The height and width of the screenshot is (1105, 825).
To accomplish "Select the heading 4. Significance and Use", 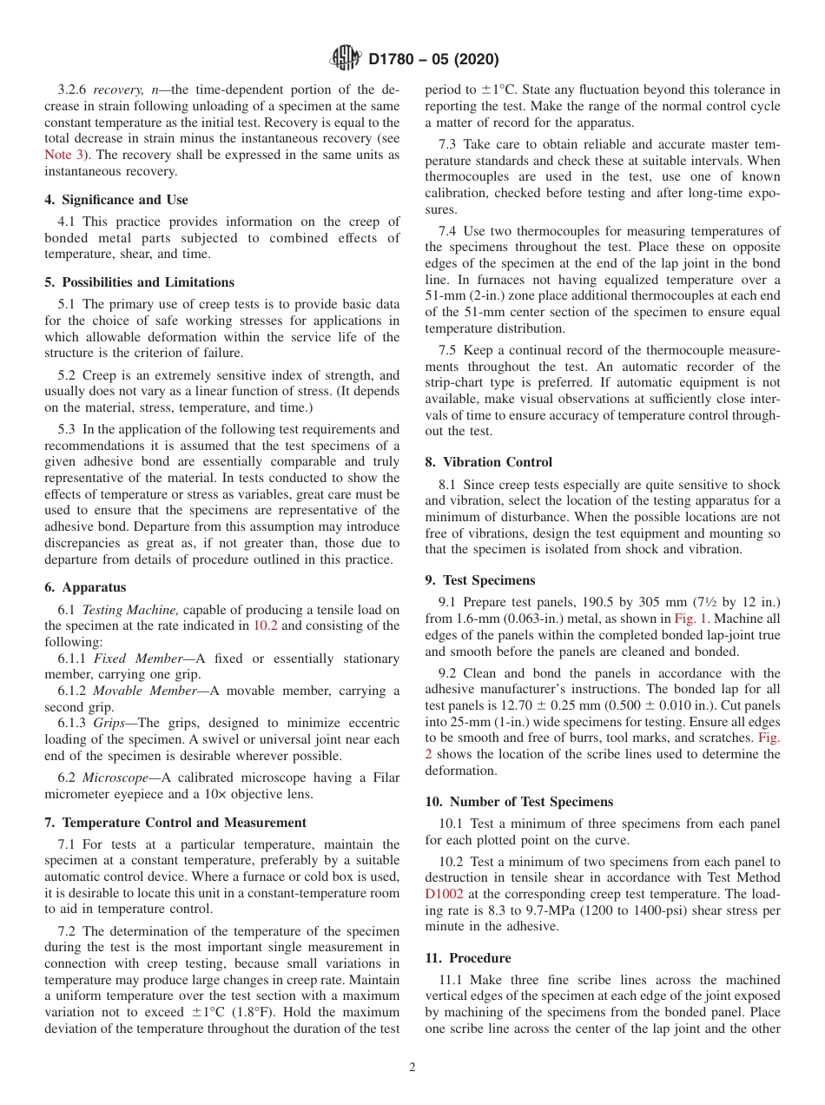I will [115, 200].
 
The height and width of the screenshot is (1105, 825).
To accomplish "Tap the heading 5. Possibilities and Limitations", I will [139, 282].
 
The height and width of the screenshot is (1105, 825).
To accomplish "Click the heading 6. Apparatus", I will [85, 587].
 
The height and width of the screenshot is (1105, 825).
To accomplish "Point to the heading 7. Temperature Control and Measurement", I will [175, 822].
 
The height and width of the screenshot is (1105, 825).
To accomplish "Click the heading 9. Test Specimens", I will [480, 579].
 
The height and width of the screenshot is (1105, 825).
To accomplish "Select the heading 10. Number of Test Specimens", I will [519, 802].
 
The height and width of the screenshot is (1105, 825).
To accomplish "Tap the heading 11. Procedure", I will [467, 957].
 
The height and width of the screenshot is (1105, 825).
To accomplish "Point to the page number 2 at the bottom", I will [412, 1068].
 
